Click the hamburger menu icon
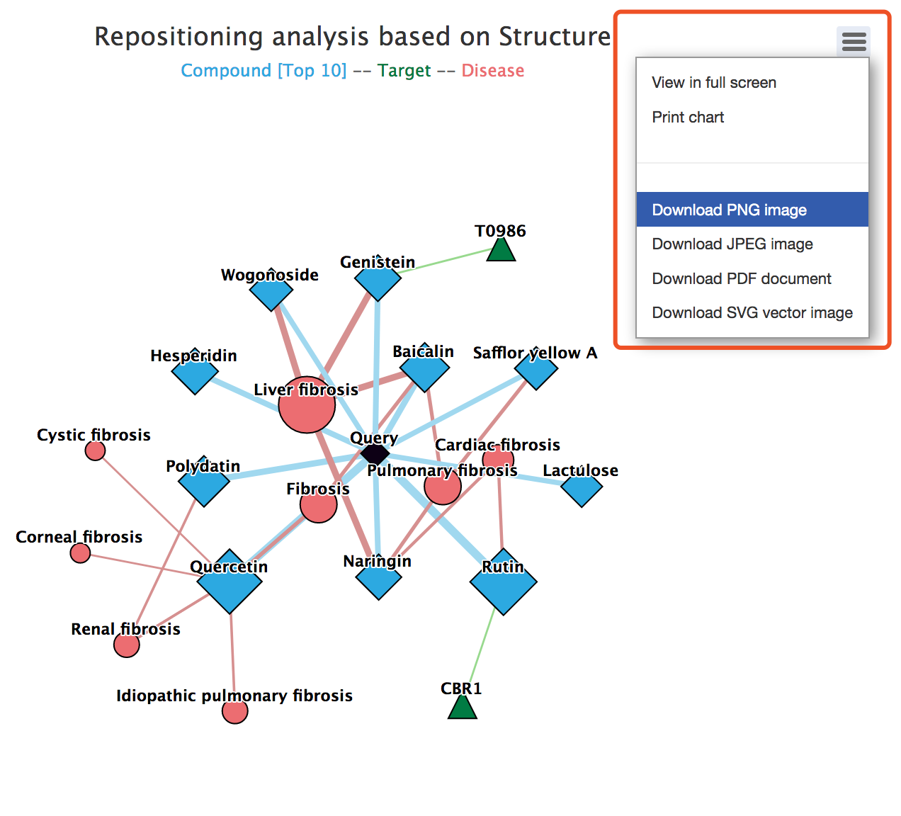pos(854,41)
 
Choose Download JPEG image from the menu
pos(732,244)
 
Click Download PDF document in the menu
pos(742,278)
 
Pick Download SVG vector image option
pos(752,313)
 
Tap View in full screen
pos(714,83)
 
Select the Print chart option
pos(688,118)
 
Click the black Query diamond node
pos(375,453)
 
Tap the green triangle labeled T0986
pos(501,250)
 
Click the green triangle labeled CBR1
pos(462,708)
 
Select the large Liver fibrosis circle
pos(307,405)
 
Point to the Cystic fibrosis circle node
pos(95,450)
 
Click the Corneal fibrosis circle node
pos(81,552)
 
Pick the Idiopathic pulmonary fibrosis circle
pos(235,711)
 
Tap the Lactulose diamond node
pos(582,486)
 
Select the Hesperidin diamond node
pos(195,372)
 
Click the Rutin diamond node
pos(504,582)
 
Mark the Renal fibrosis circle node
pos(127,645)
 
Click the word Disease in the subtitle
pos(493,71)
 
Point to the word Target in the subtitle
pos(404,71)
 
